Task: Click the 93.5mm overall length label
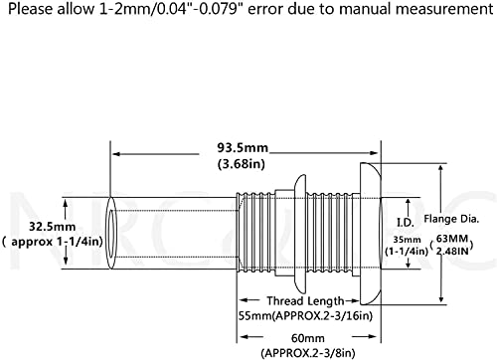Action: (x=243, y=147)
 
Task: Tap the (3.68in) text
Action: (x=242, y=164)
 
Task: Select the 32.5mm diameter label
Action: (x=52, y=227)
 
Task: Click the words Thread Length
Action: (x=305, y=301)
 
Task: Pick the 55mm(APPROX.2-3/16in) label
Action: (x=305, y=316)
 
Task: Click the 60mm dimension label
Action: (x=308, y=338)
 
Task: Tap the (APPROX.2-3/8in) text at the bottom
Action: (x=308, y=353)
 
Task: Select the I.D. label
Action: (x=406, y=223)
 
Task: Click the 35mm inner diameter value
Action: (x=407, y=240)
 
